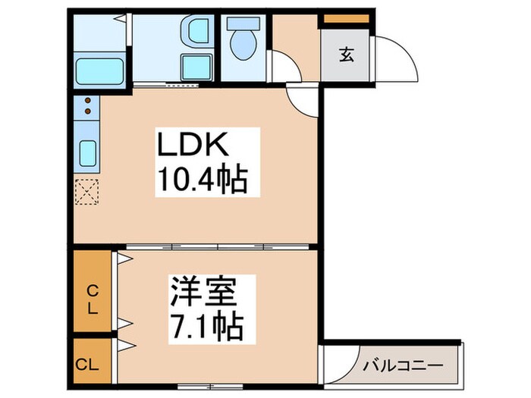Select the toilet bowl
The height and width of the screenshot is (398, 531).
[x=244, y=46]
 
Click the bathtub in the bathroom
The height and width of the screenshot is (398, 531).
[x=100, y=71]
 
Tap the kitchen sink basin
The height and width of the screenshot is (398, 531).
[x=87, y=155]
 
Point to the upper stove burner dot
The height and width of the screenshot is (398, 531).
[x=87, y=102]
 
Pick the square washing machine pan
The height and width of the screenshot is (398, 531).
[x=196, y=67]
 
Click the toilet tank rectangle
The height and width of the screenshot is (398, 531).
[x=244, y=22]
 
